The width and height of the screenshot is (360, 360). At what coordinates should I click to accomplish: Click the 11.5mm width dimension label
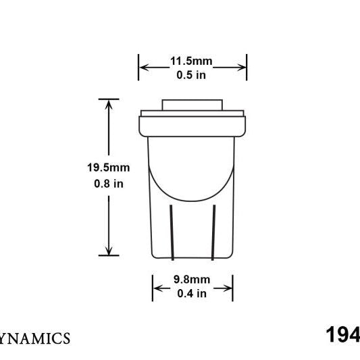[191, 61]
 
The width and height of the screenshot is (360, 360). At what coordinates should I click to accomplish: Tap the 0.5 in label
[191, 75]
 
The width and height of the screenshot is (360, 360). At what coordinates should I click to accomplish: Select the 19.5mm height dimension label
[108, 168]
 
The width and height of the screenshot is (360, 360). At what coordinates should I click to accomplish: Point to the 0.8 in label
[109, 184]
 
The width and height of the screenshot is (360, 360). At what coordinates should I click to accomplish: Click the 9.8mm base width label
[192, 280]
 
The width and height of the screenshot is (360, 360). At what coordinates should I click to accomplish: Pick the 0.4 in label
[192, 293]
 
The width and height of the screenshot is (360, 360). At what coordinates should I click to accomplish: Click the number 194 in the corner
[342, 335]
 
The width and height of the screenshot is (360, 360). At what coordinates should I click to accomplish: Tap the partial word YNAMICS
[34, 338]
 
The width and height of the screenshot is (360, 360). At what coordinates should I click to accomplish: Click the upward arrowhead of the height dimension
[109, 104]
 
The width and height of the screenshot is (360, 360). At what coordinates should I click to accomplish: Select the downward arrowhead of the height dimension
[109, 251]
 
